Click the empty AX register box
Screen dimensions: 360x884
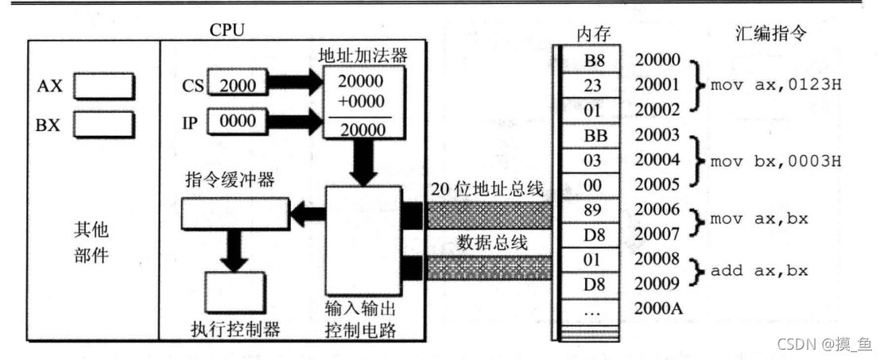(x=104, y=87)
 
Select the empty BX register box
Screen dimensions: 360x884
(x=104, y=125)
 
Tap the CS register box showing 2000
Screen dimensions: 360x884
(x=238, y=86)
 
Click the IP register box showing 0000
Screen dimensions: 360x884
(x=238, y=120)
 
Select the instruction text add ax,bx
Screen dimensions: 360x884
(x=759, y=270)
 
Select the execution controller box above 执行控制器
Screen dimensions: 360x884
(x=235, y=292)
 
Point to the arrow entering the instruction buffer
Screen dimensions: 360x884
(x=307, y=212)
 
